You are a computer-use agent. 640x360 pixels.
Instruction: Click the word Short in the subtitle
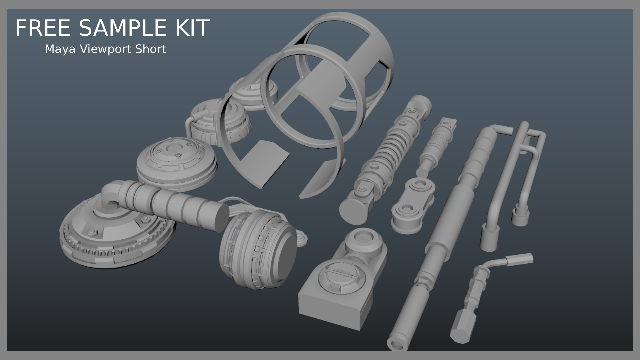(151, 49)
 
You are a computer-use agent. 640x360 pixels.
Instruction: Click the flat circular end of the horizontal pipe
(219, 218)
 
